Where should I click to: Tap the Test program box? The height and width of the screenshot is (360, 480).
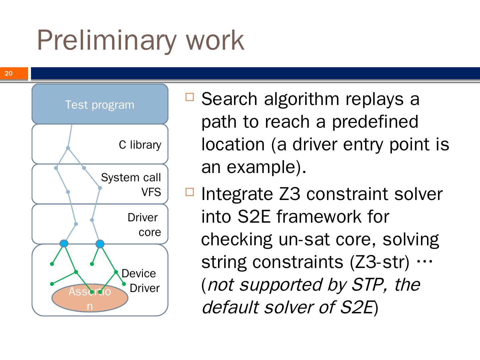click(100, 105)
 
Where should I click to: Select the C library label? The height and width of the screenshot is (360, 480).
click(140, 145)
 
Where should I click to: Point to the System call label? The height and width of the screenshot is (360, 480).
click(131, 177)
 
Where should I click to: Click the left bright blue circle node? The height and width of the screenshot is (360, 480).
click(64, 243)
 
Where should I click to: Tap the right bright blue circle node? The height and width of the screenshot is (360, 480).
click(100, 244)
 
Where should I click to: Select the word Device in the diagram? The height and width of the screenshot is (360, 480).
click(139, 274)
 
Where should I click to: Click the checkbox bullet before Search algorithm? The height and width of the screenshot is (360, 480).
click(189, 97)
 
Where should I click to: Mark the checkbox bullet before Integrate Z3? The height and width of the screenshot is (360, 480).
click(189, 192)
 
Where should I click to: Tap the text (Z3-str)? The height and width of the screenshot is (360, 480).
click(379, 262)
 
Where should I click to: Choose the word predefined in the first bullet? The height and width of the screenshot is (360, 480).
click(375, 122)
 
